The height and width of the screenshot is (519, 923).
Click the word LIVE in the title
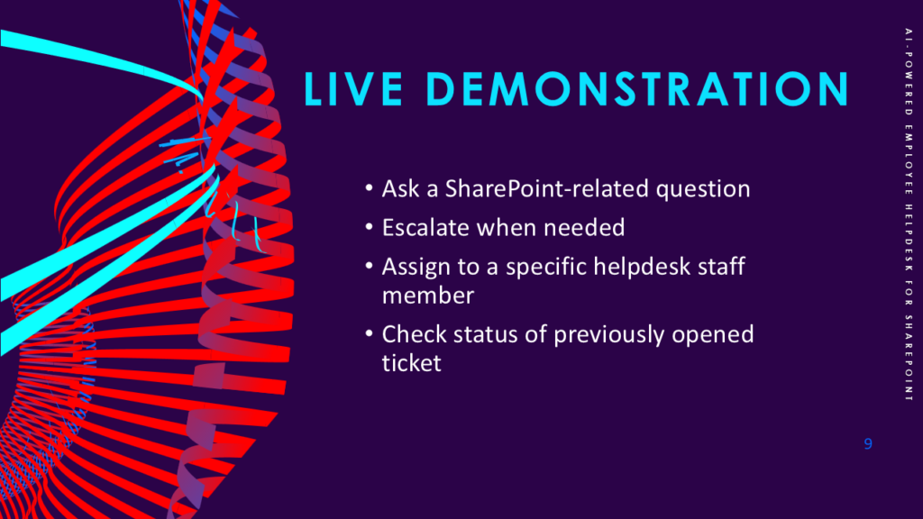point(353,89)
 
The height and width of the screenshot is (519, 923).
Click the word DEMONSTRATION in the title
point(637,89)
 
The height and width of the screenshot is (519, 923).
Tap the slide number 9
point(868,443)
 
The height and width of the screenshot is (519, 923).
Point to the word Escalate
point(426,228)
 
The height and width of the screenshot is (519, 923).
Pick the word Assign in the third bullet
point(416,268)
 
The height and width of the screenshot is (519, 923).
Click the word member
point(428,296)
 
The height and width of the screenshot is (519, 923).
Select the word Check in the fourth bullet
point(415,334)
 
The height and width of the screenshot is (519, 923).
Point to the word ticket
point(411,363)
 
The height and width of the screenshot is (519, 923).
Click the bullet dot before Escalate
point(369,227)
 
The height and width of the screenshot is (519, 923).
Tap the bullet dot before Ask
point(369,188)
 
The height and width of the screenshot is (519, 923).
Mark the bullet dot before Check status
point(369,333)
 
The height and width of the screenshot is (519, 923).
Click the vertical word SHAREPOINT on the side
point(909,359)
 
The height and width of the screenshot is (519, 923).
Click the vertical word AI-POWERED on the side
point(909,71)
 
